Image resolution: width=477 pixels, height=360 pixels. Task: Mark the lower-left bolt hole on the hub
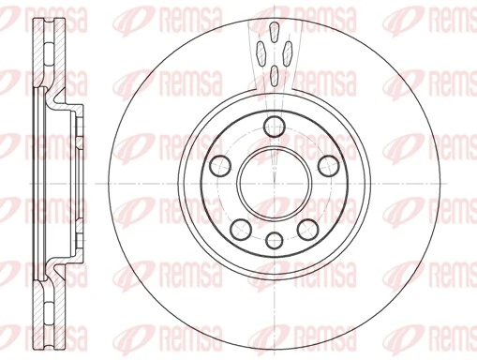(240, 226)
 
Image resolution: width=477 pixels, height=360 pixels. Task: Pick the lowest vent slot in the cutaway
(273, 76)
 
